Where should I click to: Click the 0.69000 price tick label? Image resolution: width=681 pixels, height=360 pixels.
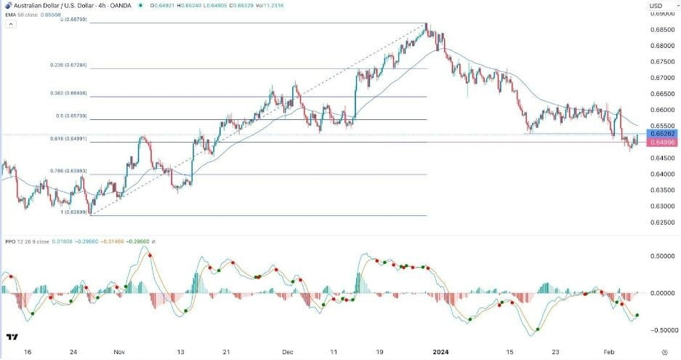click(662, 13)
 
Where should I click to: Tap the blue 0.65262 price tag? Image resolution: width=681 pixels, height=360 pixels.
click(663, 134)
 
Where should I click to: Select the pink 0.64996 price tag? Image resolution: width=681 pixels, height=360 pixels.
click(663, 143)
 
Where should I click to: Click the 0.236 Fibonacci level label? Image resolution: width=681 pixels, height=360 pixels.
click(86, 65)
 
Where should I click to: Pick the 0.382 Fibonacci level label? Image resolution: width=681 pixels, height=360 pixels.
click(86, 93)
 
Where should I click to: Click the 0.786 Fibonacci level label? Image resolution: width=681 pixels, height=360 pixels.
click(86, 171)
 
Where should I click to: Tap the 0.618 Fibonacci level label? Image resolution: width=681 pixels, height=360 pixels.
click(86, 139)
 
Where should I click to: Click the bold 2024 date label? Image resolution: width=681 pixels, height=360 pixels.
click(441, 351)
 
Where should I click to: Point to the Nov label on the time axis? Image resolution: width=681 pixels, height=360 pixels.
click(120, 351)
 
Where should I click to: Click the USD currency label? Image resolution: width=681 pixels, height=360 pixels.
click(654, 7)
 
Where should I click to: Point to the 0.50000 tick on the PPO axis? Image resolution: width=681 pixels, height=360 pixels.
click(662, 256)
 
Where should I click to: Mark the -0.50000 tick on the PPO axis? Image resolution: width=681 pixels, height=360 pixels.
click(661, 329)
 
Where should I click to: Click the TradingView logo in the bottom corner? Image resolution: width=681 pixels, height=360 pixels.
click(12, 337)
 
